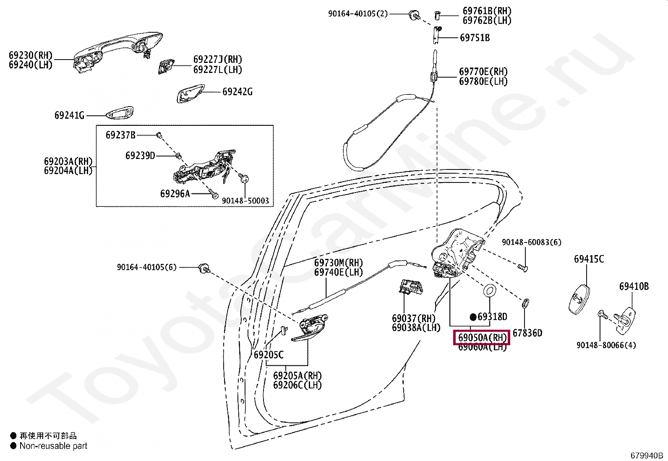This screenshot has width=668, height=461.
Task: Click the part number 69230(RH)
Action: [x=31, y=55]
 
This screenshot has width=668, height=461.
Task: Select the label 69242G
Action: [x=237, y=92]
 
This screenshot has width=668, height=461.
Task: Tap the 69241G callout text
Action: [x=69, y=115]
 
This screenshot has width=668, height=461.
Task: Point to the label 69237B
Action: [x=120, y=135]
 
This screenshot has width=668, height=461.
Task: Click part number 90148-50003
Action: [x=245, y=201]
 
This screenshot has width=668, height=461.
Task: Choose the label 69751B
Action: [x=475, y=38]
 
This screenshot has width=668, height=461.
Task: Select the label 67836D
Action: [x=527, y=333]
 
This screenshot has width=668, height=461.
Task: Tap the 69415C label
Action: [x=589, y=259]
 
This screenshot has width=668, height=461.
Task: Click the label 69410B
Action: [x=634, y=286]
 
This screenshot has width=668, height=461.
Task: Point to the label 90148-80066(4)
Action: [x=606, y=345]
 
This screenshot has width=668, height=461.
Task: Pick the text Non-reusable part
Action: [x=53, y=446]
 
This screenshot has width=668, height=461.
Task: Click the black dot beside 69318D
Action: [x=473, y=317]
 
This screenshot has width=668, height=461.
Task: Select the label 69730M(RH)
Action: [x=339, y=263]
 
